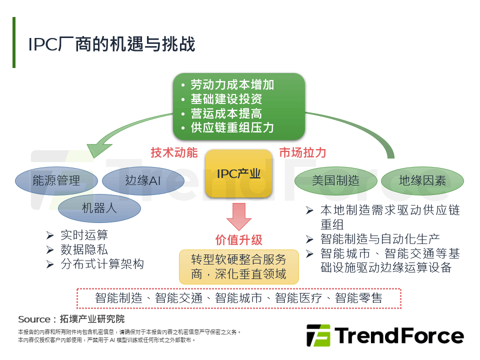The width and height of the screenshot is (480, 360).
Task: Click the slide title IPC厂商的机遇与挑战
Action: [x=111, y=44]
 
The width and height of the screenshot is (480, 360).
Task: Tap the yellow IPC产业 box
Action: [x=239, y=173]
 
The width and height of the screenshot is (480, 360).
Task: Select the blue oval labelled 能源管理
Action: [x=56, y=180]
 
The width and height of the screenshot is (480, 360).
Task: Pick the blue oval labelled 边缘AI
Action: [x=142, y=180]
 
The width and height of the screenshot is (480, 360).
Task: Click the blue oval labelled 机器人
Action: [x=99, y=207]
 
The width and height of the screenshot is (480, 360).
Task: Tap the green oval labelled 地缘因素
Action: [x=422, y=180]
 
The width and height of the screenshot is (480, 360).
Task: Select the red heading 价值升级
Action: [x=239, y=239]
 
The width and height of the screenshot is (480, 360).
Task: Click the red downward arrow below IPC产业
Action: [x=239, y=215]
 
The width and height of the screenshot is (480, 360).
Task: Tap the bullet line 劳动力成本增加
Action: [x=232, y=85]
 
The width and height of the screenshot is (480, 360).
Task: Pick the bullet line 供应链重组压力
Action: [x=232, y=127]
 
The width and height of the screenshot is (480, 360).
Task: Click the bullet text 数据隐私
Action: [x=84, y=249]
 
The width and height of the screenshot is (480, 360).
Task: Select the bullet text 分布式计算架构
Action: [x=102, y=264]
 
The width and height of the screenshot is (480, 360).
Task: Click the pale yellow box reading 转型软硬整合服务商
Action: [x=239, y=266]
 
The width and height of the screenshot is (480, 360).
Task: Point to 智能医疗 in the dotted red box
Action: [x=295, y=298]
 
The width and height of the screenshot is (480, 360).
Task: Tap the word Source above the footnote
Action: [x=33, y=319]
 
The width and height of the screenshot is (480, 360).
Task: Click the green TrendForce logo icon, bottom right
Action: [x=318, y=335]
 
